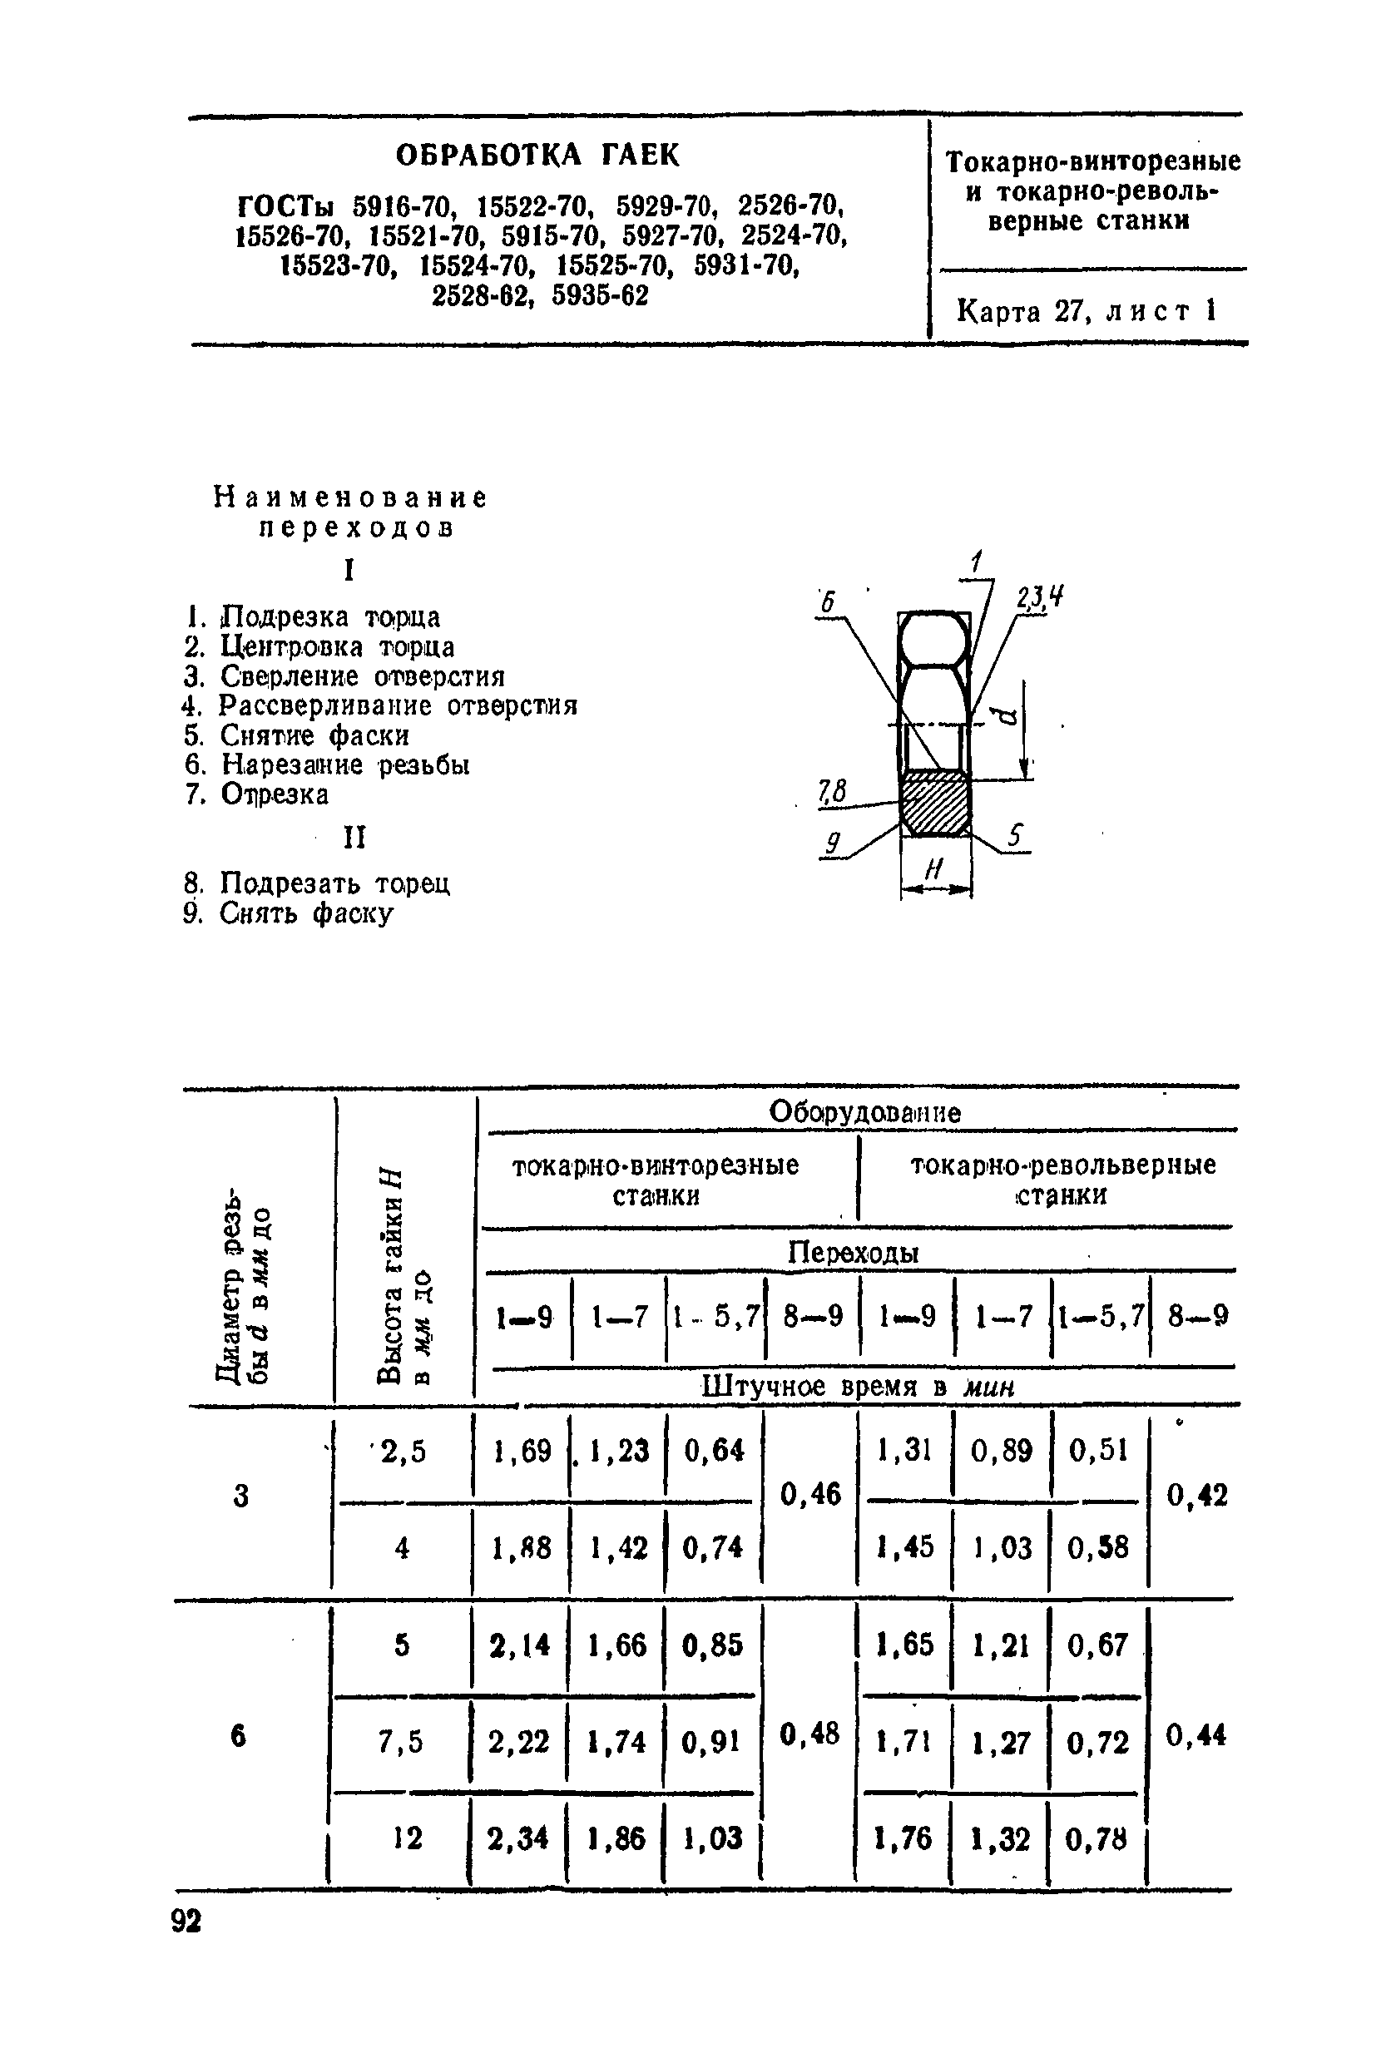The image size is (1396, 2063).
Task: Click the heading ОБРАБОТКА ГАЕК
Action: [537, 156]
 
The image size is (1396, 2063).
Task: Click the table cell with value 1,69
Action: [523, 1451]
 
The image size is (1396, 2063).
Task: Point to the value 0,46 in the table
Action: [809, 1495]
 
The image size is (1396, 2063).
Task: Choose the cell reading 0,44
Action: [1196, 1734]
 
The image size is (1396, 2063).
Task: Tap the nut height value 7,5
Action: [401, 1743]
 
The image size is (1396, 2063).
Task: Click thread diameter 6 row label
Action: [238, 1735]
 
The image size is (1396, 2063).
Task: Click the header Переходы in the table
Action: [853, 1253]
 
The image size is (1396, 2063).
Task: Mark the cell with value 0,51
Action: [1097, 1451]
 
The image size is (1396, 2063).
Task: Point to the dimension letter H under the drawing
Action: [933, 871]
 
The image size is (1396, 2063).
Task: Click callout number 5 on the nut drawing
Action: [1015, 835]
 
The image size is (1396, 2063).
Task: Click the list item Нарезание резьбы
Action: [344, 764]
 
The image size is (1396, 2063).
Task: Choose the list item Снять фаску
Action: [306, 913]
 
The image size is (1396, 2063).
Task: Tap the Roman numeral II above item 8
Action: [354, 837]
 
